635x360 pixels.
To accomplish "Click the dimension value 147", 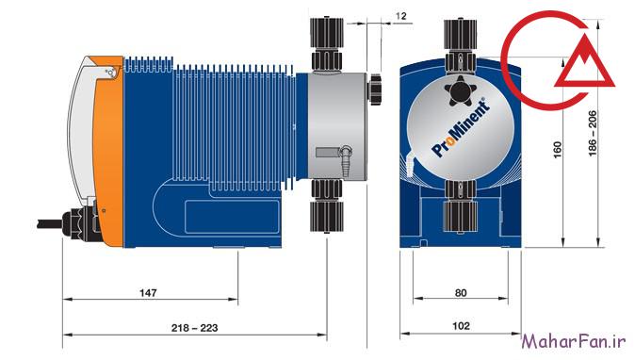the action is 148,292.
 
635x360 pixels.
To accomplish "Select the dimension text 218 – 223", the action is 194,328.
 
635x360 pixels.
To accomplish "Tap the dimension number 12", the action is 400,16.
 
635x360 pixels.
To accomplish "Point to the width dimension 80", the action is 461,292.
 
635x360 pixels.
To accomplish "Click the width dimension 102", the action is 461,326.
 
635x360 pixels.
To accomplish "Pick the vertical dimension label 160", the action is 558,150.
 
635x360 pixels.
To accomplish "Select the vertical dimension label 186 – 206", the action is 592,133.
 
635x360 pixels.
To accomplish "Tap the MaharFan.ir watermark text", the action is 574,341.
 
